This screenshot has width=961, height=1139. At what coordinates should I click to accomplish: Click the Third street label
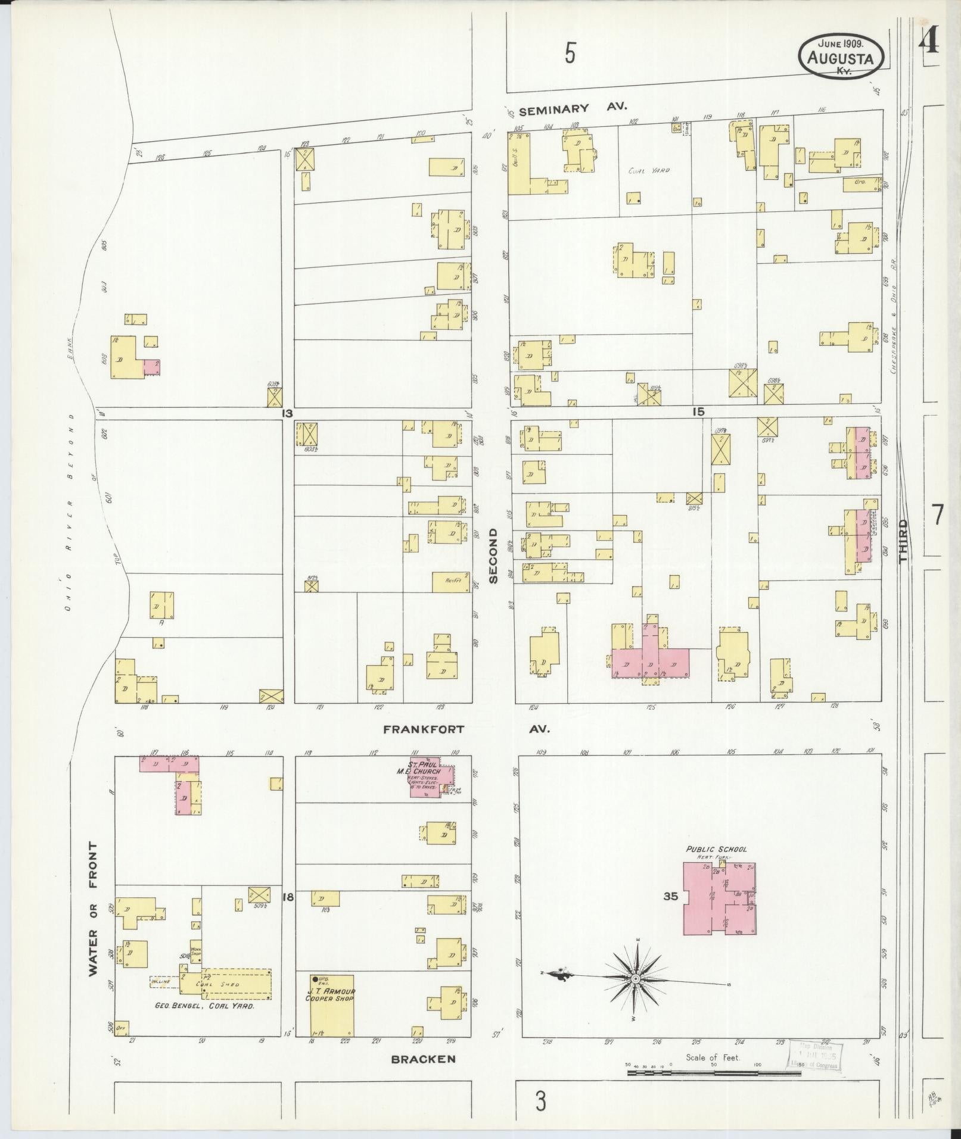coord(904,541)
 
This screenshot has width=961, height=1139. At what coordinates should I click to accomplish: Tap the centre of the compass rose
coord(636,978)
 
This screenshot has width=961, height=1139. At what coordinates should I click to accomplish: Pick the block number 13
coord(288,413)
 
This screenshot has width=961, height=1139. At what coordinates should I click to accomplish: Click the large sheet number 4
coord(928,42)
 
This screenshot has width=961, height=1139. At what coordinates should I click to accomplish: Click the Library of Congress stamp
coord(814,1056)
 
